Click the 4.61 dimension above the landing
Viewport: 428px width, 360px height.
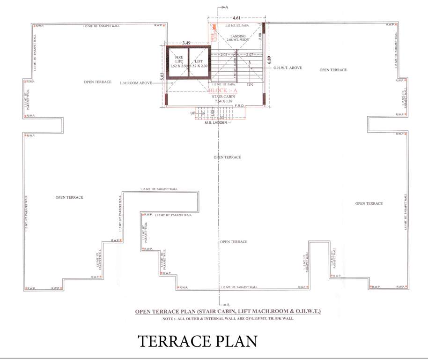pyautogui.click(x=236, y=17)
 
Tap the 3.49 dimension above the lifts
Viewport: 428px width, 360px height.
pyautogui.click(x=186, y=43)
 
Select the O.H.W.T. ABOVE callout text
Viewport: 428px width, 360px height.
pyautogui.click(x=288, y=68)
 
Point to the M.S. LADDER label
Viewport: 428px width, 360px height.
pyautogui.click(x=215, y=122)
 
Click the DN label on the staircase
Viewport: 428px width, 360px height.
pyautogui.click(x=250, y=85)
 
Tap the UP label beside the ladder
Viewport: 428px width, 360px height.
pyautogui.click(x=192, y=113)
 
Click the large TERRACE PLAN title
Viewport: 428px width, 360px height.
pyautogui.click(x=197, y=341)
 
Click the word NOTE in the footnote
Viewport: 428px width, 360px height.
pyautogui.click(x=168, y=319)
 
